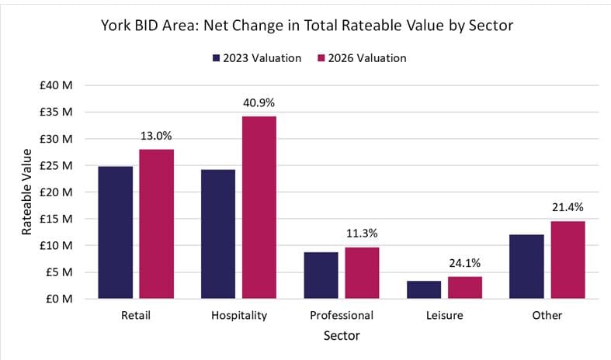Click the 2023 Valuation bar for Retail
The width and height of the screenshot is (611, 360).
(116, 232)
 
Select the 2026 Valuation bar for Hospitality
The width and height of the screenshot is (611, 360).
(259, 207)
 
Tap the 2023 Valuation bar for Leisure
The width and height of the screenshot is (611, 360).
(425, 289)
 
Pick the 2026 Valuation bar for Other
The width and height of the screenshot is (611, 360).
(568, 260)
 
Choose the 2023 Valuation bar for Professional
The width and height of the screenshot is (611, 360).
(321, 275)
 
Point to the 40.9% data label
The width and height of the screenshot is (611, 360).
(259, 102)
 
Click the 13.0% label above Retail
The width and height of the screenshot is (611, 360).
(157, 135)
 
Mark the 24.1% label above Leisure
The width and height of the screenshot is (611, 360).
(464, 262)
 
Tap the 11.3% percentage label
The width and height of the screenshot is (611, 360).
(362, 234)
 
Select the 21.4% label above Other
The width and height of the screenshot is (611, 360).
(568, 207)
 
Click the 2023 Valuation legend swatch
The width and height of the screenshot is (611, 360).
(216, 58)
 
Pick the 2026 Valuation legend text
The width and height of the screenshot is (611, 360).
(364, 58)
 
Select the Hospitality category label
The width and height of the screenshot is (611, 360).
(238, 316)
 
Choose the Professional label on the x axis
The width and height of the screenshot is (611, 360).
(341, 316)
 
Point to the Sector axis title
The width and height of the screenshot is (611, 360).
(341, 336)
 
